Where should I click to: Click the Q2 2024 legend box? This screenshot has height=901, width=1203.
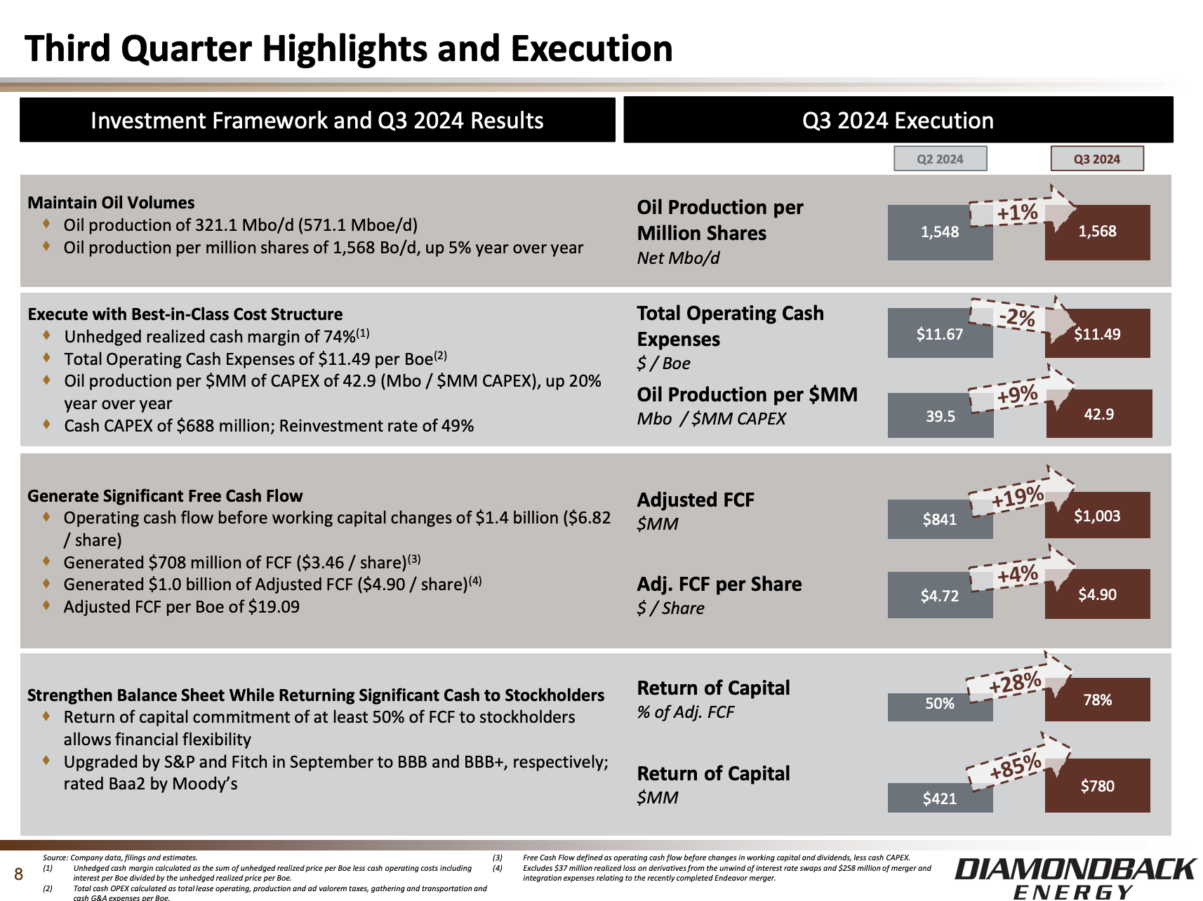tap(940, 159)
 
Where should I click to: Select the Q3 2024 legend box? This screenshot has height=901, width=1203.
tap(1096, 159)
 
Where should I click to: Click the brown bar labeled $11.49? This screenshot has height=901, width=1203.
tap(1098, 334)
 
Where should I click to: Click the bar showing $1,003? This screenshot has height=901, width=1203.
tap(1098, 516)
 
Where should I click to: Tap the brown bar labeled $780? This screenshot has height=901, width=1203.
tap(1098, 786)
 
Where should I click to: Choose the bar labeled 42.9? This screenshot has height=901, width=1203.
tap(1099, 414)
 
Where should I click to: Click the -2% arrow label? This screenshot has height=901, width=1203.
tap(1017, 318)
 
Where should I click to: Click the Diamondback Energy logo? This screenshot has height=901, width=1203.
tap(1074, 876)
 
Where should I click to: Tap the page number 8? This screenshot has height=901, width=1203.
tap(19, 874)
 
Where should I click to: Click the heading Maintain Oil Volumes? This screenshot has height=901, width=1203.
tap(111, 203)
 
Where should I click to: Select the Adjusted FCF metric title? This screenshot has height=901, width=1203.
tap(696, 500)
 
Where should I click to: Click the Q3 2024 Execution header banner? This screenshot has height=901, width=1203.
tap(898, 121)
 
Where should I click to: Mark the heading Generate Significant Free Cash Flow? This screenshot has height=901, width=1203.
tap(165, 496)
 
